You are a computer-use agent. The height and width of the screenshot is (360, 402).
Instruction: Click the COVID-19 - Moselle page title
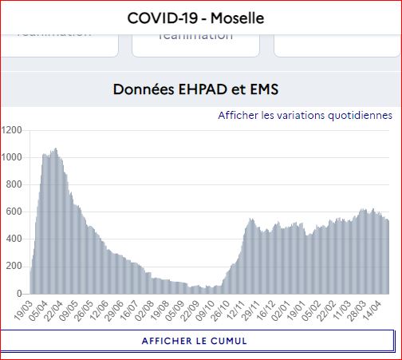pos(195,17)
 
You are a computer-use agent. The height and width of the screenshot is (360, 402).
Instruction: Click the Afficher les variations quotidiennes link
pos(305,115)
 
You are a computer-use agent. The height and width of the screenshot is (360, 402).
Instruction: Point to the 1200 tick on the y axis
pos(12,129)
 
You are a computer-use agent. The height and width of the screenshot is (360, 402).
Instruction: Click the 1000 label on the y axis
pos(12,156)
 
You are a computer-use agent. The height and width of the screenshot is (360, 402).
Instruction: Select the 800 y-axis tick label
pos(14,184)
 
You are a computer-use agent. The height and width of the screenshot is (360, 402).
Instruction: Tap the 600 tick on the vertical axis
pos(14,212)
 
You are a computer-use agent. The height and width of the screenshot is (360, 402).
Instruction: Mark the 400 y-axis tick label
pos(14,239)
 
